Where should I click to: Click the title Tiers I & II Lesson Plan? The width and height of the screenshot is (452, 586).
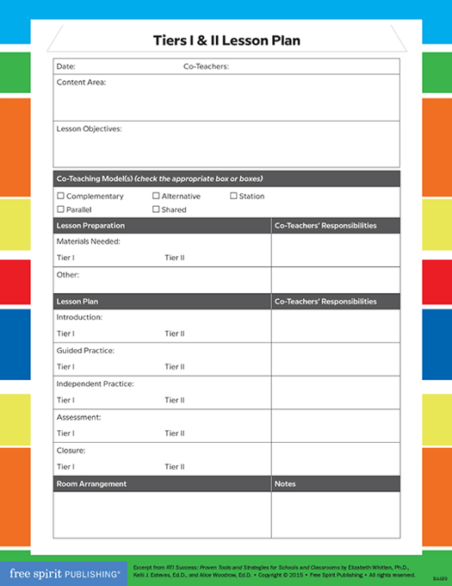point(226,41)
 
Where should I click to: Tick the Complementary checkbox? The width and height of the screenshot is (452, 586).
point(60,196)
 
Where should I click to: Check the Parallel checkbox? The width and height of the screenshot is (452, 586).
point(60,209)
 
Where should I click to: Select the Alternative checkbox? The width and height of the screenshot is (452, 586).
point(156,196)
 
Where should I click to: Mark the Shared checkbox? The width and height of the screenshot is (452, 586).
point(156,209)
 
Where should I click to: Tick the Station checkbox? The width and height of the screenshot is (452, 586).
point(233,196)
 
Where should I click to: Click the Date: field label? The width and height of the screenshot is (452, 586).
point(66,66)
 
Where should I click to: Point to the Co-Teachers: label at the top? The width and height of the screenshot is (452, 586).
point(206,66)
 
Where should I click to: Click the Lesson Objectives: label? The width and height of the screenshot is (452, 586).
point(89,128)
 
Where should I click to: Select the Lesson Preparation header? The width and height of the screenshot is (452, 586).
point(90,226)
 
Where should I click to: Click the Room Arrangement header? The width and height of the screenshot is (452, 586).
point(91,484)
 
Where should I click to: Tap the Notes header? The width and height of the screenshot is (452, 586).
point(285,484)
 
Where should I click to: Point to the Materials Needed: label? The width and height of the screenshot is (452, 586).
point(88,241)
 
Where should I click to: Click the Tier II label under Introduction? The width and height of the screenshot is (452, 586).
point(175,334)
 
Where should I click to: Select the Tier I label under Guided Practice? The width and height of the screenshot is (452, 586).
point(65,367)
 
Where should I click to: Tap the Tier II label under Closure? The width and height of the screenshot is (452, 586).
point(175,467)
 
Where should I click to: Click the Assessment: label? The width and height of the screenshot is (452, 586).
point(79,417)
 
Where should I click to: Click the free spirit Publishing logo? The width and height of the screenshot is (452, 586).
point(65,571)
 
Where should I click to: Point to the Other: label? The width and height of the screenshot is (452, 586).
point(68,275)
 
